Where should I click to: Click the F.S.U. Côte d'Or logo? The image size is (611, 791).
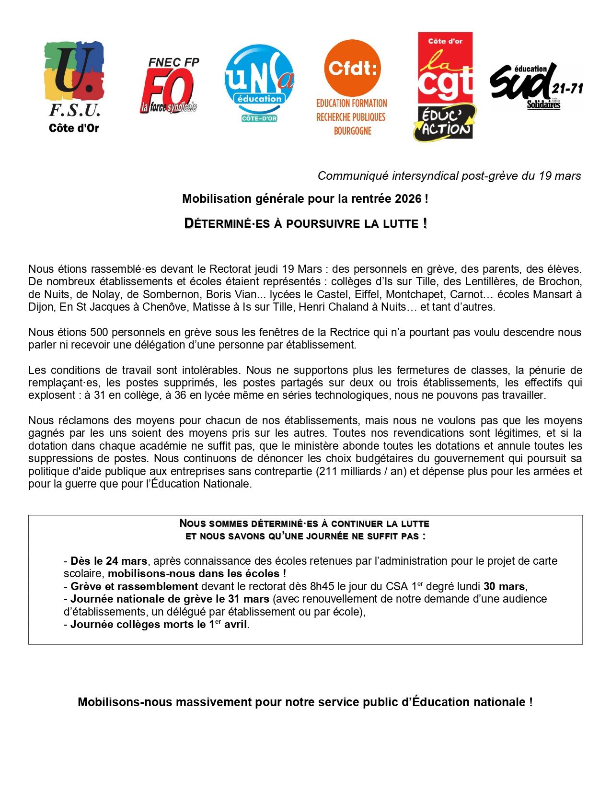point(74,86)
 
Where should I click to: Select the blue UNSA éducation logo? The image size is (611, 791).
point(259,82)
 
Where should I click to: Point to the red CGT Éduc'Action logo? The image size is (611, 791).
point(445,86)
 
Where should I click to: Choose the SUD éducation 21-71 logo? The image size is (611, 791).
point(536,86)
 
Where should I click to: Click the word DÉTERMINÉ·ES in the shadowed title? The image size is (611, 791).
point(227,223)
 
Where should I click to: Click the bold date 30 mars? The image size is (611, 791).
point(504,586)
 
